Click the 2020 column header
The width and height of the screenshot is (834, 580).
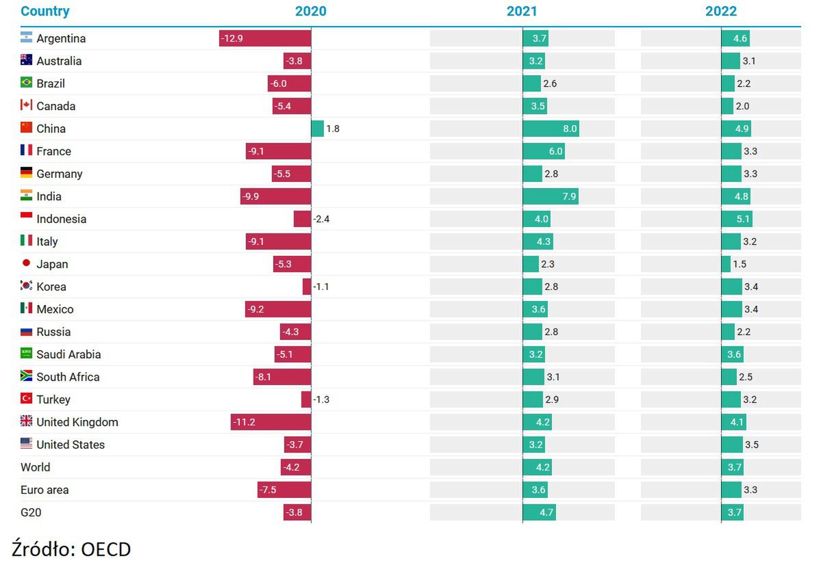coord(310,11)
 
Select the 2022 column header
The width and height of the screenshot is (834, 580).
coord(721,11)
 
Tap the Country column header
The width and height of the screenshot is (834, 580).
coord(45,11)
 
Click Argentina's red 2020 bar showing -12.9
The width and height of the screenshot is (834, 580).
coord(265,38)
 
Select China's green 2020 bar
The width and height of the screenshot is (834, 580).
coord(318,129)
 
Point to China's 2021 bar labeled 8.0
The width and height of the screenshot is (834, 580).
coord(551,129)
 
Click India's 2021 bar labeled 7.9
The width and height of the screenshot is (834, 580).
coord(551,196)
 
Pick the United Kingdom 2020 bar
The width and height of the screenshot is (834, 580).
coord(270,422)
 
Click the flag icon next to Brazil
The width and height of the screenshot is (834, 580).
coord(27,83)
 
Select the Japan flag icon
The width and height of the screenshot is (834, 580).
coord(27,263)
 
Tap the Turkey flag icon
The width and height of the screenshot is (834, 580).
coord(27,399)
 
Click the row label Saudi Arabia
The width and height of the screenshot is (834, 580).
coord(68,354)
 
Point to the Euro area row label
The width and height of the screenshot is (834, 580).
coord(45,490)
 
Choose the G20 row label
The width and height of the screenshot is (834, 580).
coord(31,512)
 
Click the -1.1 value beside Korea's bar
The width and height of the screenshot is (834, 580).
coord(321,287)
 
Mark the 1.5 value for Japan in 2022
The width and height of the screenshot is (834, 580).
coord(740,264)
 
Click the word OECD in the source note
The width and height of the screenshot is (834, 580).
coord(105,549)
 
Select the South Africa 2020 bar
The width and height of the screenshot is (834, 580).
coord(282,377)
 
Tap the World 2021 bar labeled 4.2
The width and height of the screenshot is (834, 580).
coord(537,467)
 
